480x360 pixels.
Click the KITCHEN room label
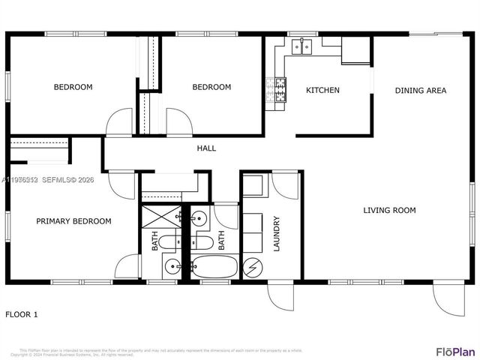(322, 91)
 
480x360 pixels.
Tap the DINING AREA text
(421, 91)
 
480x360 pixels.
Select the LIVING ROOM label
(389, 211)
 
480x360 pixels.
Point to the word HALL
(206, 148)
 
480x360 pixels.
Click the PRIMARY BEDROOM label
(74, 221)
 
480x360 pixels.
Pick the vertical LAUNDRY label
(277, 234)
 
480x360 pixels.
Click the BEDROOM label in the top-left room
(73, 87)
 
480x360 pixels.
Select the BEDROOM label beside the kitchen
(211, 87)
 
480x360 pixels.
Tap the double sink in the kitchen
(302, 46)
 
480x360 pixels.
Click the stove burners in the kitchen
(276, 90)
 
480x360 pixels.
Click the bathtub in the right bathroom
(214, 267)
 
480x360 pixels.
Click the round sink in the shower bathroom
(172, 266)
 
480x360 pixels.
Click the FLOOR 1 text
(22, 314)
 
